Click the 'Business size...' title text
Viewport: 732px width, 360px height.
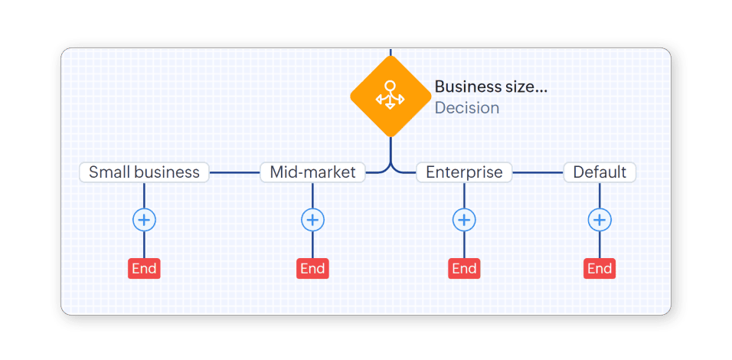[491, 87]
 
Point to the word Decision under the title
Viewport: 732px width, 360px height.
[466, 108]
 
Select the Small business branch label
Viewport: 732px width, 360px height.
[144, 172]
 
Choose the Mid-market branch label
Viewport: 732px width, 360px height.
[312, 172]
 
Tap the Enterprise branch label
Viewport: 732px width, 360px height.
[464, 172]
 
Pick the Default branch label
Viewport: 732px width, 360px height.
[600, 172]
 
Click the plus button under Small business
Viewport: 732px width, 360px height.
[144, 221]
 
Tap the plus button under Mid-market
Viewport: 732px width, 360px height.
[312, 221]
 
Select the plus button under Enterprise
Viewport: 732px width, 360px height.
[464, 221]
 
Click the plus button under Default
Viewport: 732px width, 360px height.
[600, 221]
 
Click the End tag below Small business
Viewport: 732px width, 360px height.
[144, 268]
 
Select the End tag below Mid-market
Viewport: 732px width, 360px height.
[312, 268]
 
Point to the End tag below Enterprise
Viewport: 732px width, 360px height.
[464, 268]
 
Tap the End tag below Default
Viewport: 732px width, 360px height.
[600, 268]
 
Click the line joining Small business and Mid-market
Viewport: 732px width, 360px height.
[234, 172]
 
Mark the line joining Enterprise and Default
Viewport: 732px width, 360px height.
[538, 172]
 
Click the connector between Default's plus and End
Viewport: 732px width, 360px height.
[600, 245]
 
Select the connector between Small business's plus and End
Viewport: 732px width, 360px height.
[144, 245]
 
